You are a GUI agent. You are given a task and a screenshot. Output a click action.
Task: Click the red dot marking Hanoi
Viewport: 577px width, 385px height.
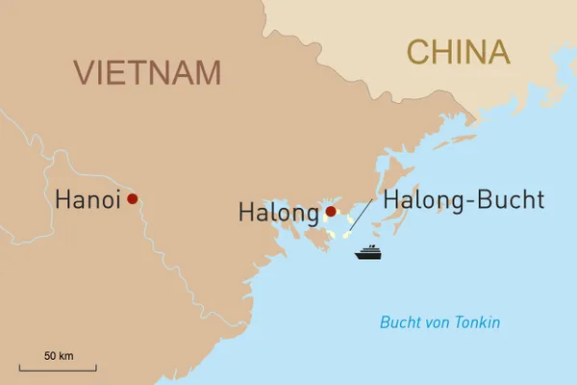(133, 199)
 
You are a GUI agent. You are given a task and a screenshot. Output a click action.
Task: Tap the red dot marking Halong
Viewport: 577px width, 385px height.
(331, 212)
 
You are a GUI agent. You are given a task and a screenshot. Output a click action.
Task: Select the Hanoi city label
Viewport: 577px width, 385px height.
(88, 200)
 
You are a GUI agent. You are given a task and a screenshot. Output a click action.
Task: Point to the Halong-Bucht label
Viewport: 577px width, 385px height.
(464, 200)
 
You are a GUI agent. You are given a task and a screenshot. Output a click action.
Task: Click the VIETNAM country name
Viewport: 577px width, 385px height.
(148, 72)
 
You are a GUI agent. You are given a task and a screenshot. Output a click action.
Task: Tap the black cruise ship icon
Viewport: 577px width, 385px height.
(368, 253)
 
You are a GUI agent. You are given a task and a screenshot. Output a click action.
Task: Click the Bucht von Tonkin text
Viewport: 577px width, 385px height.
(440, 322)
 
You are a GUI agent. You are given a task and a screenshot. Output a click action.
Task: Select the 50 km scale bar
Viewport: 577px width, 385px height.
(58, 368)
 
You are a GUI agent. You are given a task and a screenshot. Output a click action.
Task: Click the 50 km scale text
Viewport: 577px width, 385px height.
(59, 355)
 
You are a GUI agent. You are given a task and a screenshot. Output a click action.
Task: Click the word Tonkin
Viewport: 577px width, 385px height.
(478, 322)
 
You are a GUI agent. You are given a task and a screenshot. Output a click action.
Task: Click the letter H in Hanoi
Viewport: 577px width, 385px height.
(63, 200)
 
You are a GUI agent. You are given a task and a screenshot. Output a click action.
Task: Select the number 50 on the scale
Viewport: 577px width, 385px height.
(50, 355)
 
